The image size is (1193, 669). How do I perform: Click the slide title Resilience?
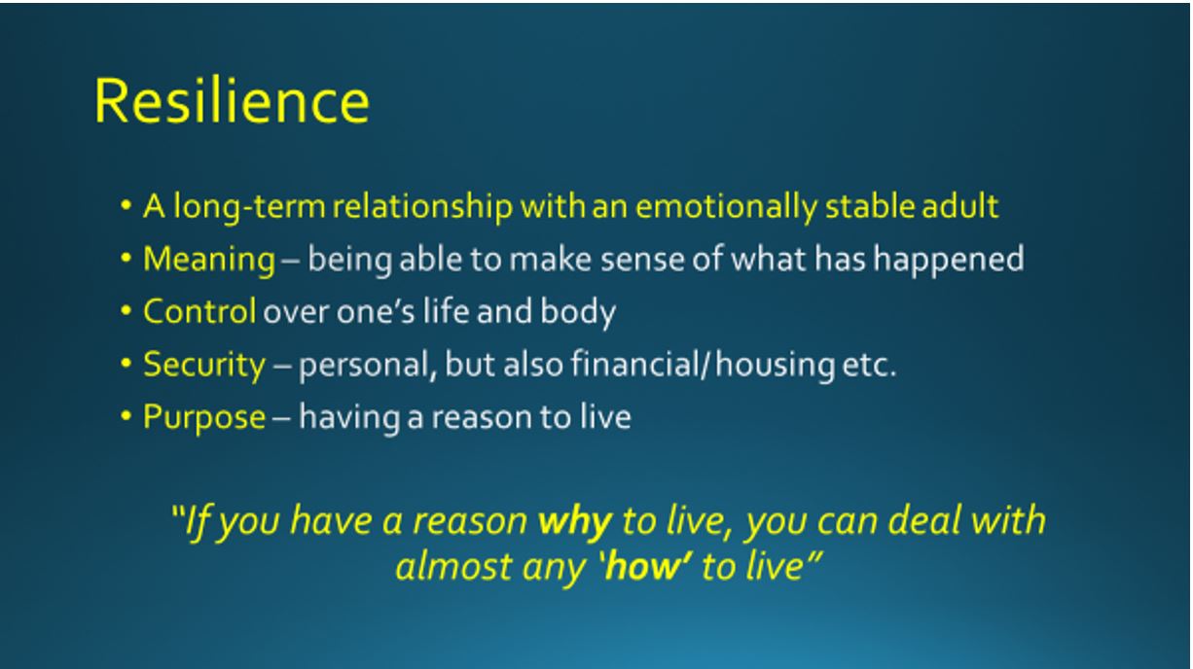click(x=232, y=101)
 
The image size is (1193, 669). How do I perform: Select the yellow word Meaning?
click(x=209, y=259)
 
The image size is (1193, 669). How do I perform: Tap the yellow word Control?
click(x=199, y=311)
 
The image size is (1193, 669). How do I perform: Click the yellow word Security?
click(x=204, y=365)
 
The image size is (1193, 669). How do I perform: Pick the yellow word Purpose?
click(x=204, y=417)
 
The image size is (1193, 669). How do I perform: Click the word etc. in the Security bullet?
click(x=869, y=365)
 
